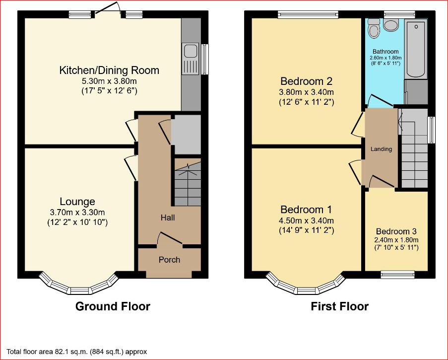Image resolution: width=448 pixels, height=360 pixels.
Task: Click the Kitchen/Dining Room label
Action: coord(109,70)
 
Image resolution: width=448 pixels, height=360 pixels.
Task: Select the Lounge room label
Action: coord(77,202)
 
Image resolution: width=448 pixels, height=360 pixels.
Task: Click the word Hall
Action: coord(168,218)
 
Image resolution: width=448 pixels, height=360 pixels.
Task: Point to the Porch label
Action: coord(170,260)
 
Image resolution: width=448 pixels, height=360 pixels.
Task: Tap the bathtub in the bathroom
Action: coord(416,49)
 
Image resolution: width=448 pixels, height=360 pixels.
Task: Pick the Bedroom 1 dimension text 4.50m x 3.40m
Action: coord(306,220)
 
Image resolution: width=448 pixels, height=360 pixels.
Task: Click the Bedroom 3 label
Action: coord(396,231)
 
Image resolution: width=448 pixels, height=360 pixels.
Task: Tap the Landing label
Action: coord(382,149)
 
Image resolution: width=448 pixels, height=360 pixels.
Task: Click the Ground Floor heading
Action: coord(113,306)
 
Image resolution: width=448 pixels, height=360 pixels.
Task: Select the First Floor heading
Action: coord(340,306)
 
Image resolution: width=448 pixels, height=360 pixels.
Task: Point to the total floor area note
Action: coord(76,352)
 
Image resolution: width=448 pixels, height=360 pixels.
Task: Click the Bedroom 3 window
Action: coord(398,275)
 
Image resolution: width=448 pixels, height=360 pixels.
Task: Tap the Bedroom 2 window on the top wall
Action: coord(308,14)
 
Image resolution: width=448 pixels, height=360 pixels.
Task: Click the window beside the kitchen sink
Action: coord(205,60)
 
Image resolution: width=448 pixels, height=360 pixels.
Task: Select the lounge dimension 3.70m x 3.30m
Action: coord(77,213)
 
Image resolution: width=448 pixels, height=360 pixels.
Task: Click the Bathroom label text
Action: coord(385,52)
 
